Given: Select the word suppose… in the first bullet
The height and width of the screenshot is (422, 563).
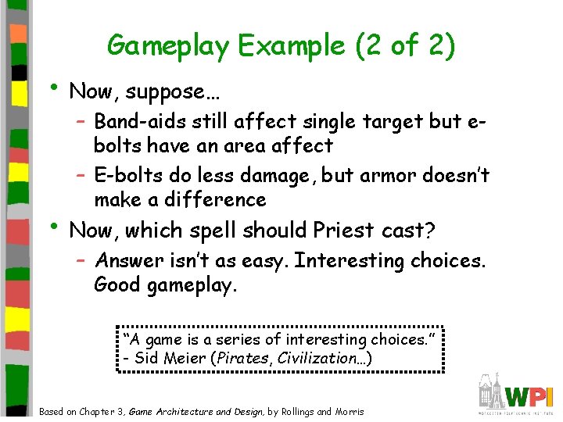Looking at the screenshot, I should (x=173, y=91).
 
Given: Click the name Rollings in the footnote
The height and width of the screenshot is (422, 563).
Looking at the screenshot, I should (x=294, y=412).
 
